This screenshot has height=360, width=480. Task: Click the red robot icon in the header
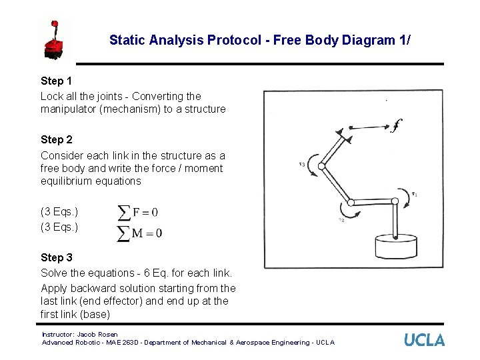click(54, 40)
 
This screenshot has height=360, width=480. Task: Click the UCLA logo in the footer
click(424, 340)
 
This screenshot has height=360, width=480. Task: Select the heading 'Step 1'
click(57, 81)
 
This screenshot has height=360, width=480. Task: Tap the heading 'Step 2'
click(57, 139)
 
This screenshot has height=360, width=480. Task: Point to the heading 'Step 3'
click(57, 257)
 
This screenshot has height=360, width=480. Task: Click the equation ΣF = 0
click(138, 212)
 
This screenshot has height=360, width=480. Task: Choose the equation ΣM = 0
click(140, 233)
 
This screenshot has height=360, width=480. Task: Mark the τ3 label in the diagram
click(302, 164)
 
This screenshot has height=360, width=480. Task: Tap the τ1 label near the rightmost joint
click(414, 195)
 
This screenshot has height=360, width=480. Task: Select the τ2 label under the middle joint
click(341, 220)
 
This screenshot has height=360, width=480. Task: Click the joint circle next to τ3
click(322, 166)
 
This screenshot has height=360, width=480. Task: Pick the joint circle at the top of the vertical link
click(396, 202)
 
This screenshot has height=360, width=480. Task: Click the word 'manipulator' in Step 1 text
click(67, 109)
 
